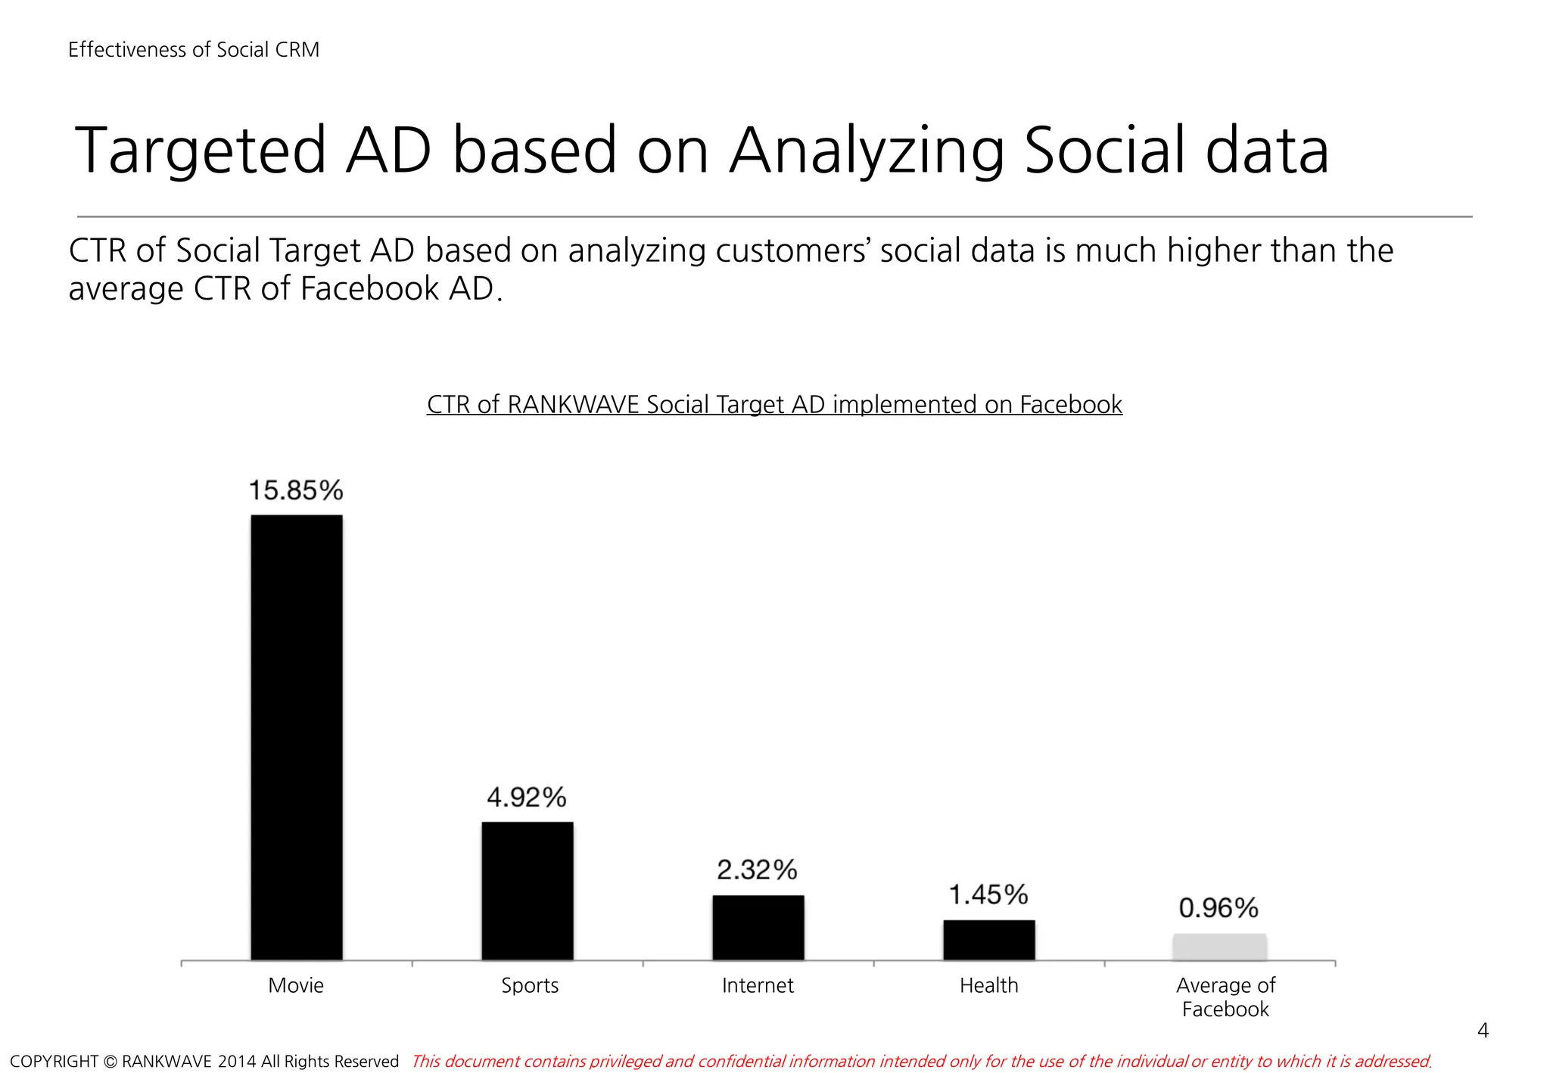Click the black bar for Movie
click(297, 738)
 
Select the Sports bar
click(528, 891)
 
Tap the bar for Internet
click(758, 928)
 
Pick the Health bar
click(988, 941)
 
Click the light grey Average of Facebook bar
click(1219, 947)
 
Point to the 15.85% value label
click(296, 490)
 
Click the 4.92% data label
click(527, 797)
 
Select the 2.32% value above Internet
click(757, 869)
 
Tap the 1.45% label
click(988, 894)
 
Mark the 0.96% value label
click(1219, 907)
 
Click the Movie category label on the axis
click(296, 985)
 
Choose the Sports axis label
click(530, 985)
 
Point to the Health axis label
click(988, 985)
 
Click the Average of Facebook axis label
click(1225, 997)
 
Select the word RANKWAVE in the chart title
click(573, 405)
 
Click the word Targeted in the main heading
click(200, 151)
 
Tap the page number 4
click(1483, 1031)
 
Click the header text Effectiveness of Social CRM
click(194, 50)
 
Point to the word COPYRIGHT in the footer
click(54, 1062)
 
